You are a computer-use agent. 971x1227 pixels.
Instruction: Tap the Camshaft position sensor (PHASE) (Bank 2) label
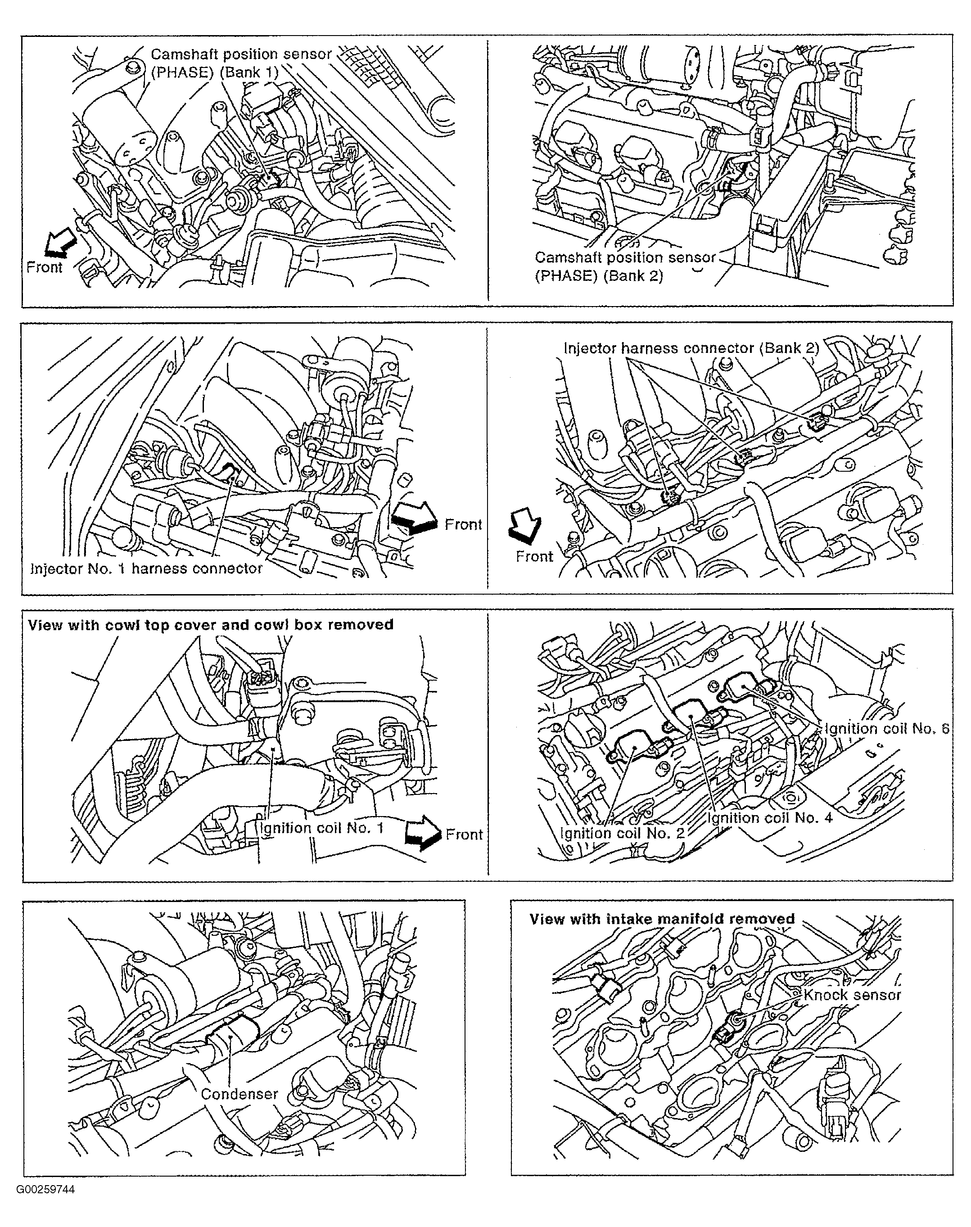point(624,266)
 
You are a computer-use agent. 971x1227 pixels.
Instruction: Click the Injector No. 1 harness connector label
point(146,568)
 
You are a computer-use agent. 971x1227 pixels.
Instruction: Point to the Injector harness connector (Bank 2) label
point(691,348)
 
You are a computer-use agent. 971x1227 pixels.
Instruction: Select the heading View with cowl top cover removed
point(210,625)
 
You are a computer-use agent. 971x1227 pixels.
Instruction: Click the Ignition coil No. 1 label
point(321,827)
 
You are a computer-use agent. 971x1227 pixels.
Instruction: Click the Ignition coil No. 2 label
point(623,833)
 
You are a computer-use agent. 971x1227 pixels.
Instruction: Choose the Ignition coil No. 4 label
point(770,818)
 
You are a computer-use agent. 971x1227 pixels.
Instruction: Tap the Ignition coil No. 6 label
point(887,729)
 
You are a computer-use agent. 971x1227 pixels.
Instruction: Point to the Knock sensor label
point(852,995)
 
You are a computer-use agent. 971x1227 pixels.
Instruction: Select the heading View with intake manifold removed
point(662,919)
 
